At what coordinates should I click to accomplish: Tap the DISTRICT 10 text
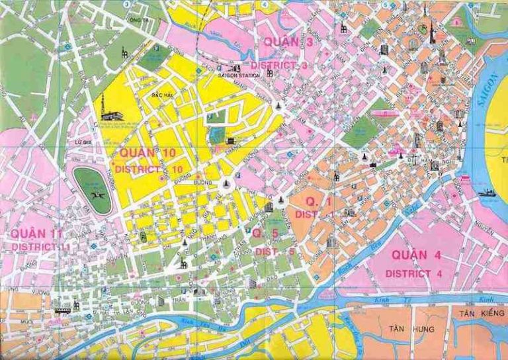148,169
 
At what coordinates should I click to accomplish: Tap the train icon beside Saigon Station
234,67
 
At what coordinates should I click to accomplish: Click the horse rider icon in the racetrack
93,187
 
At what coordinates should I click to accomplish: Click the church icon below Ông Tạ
123,52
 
